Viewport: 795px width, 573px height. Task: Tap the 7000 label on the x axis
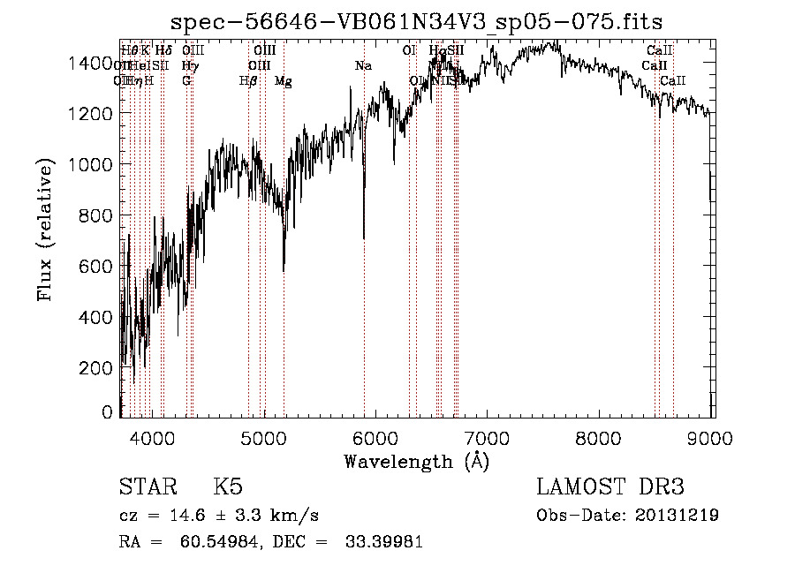(x=488, y=435)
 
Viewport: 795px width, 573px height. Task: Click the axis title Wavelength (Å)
(x=416, y=460)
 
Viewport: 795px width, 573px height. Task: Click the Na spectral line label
(x=363, y=66)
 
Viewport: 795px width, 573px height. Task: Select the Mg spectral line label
(x=283, y=81)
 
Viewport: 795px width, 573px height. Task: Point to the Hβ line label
(x=248, y=81)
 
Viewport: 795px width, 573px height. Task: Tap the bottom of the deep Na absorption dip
(x=364, y=237)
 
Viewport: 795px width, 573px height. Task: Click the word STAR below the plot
(x=147, y=487)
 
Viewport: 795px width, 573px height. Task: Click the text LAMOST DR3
(x=609, y=487)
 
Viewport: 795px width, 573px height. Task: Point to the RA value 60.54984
(x=220, y=542)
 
